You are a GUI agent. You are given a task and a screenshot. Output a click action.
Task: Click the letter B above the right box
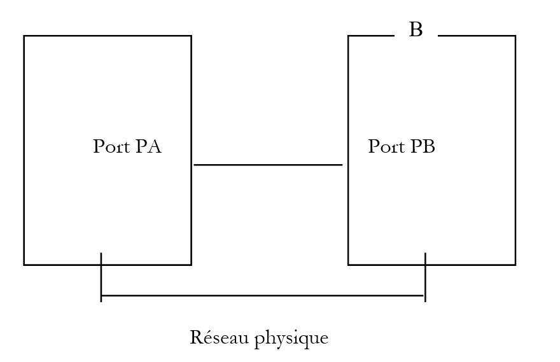(x=416, y=30)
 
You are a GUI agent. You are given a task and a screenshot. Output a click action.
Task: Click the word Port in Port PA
(x=112, y=147)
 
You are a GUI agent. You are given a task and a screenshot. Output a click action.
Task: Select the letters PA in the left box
(x=149, y=146)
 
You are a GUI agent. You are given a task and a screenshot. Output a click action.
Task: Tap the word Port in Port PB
(x=386, y=147)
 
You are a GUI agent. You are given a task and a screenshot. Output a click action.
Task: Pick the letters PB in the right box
(x=423, y=146)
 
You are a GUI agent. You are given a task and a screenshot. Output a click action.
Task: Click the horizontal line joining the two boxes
(x=267, y=165)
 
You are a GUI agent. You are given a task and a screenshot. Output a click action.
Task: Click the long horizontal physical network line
(x=263, y=296)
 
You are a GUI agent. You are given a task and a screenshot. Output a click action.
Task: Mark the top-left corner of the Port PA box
(x=24, y=36)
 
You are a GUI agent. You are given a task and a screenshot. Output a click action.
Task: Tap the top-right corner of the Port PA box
(x=191, y=36)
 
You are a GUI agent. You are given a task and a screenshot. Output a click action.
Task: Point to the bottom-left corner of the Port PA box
(x=24, y=264)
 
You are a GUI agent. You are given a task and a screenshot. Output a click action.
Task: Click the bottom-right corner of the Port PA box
(x=191, y=264)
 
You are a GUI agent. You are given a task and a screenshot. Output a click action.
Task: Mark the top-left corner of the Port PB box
(x=348, y=36)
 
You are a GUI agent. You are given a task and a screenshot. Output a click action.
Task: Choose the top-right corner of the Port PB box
(x=515, y=36)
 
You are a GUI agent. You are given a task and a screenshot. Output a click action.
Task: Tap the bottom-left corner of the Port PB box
(x=348, y=264)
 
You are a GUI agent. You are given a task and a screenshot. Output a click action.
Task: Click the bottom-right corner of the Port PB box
(x=515, y=264)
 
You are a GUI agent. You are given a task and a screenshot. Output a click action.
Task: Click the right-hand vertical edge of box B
(x=515, y=150)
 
